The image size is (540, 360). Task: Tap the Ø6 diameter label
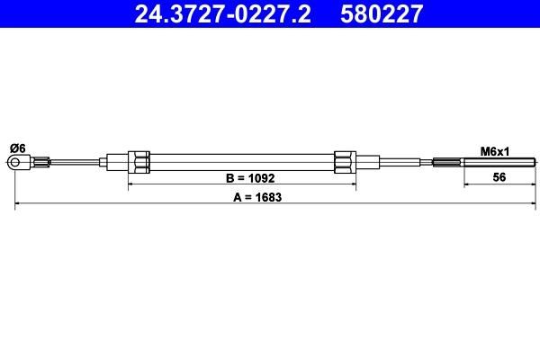tap(17, 148)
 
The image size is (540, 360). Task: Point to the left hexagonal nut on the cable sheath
tap(139, 162)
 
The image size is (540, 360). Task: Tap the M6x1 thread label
tap(494, 151)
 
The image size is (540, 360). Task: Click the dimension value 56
tap(499, 177)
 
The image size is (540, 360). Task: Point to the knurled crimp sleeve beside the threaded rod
tap(447, 163)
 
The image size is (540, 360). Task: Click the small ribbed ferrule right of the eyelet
tap(40, 163)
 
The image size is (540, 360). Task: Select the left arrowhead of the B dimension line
tap(132, 184)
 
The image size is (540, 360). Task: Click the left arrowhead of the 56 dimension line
tap(467, 184)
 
